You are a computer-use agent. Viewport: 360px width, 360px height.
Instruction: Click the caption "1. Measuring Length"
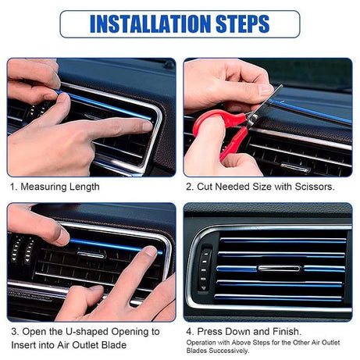(x=55, y=187)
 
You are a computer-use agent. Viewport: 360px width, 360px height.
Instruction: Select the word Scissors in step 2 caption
(x=312, y=187)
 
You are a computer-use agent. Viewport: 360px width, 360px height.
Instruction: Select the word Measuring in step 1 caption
(x=46, y=187)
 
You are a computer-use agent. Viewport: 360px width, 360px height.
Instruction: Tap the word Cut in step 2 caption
(x=207, y=187)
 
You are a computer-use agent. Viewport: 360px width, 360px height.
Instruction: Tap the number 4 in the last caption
(x=188, y=331)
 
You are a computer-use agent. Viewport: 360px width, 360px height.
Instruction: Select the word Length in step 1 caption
(x=84, y=187)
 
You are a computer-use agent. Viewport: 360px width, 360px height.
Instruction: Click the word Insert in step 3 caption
(x=23, y=346)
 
